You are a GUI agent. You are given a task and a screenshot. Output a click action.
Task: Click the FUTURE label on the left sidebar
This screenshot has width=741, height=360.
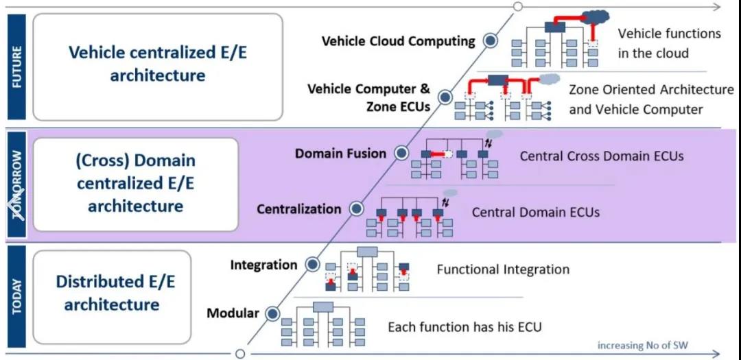[x=16, y=67]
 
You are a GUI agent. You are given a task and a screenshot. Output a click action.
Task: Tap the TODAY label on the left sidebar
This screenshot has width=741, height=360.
[x=16, y=296]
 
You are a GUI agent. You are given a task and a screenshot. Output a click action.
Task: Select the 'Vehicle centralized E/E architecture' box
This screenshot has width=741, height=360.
[x=158, y=67]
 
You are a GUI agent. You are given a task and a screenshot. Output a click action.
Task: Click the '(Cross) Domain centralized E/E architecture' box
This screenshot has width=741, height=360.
[x=136, y=184]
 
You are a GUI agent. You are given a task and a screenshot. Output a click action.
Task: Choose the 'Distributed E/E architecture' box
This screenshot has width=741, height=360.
[x=112, y=293]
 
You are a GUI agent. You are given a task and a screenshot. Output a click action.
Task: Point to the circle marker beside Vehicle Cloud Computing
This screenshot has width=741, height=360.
[x=490, y=41]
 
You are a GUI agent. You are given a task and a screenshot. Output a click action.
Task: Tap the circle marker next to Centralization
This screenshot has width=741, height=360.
[x=356, y=208]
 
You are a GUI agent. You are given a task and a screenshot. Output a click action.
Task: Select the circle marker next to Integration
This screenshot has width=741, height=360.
[x=312, y=264]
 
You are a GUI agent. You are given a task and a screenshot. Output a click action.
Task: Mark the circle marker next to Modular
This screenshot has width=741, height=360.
[x=273, y=313]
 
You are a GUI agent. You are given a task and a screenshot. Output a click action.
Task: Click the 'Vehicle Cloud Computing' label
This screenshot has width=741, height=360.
[x=399, y=41]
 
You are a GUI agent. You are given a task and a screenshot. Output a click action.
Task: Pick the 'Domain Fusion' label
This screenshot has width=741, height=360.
[x=341, y=154]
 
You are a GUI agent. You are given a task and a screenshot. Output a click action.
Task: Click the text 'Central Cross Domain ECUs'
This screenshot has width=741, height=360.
[x=602, y=156]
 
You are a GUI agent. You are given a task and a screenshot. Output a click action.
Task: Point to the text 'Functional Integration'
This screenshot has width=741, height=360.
[x=503, y=269]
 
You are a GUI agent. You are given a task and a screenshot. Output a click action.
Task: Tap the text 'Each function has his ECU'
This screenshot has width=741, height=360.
[x=464, y=327]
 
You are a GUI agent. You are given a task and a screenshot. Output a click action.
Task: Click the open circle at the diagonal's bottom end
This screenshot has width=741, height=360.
[x=240, y=354]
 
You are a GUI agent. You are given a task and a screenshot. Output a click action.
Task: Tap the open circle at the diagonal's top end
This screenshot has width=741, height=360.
[x=518, y=7]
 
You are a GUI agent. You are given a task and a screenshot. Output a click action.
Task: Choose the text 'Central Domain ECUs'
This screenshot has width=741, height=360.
[x=535, y=213]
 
